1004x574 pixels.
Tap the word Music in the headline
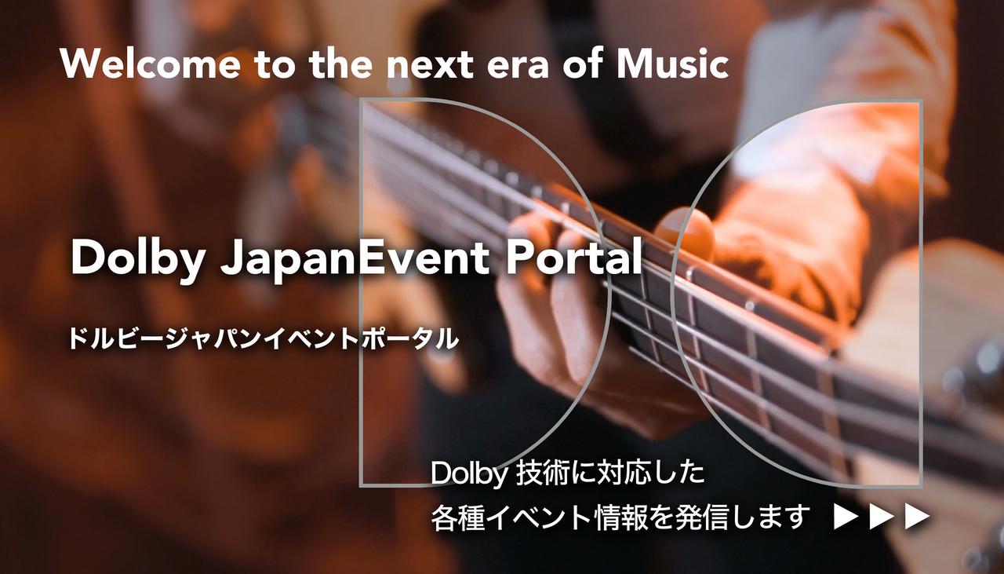point(672,64)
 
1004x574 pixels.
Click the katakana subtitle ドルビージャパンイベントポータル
point(263,339)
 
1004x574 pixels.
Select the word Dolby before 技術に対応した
point(470,474)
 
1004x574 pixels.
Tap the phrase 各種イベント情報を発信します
point(620,517)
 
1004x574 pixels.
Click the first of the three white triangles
point(846,517)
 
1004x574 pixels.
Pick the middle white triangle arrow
point(881,517)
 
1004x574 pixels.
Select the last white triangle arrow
point(916,517)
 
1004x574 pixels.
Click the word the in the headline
point(339,64)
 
